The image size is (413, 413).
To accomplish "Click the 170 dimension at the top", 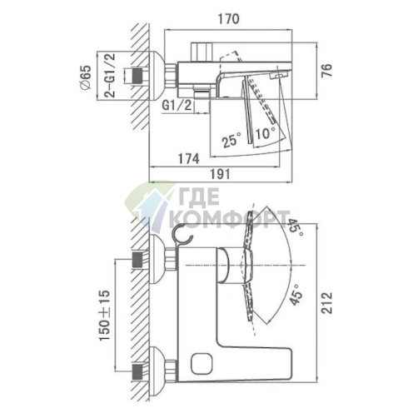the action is click(228, 19).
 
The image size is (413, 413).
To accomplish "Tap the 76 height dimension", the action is click(326, 71).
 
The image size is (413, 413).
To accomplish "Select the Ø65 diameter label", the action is click(86, 77).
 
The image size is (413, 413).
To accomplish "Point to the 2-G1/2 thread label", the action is click(110, 75).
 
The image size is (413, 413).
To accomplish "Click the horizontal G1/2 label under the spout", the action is click(177, 106).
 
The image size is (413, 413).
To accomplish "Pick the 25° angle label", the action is click(231, 139).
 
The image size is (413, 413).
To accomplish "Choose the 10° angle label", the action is click(266, 133).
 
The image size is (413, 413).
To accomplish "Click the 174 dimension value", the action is click(188, 159).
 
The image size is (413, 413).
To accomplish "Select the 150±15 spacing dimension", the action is click(104, 316).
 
